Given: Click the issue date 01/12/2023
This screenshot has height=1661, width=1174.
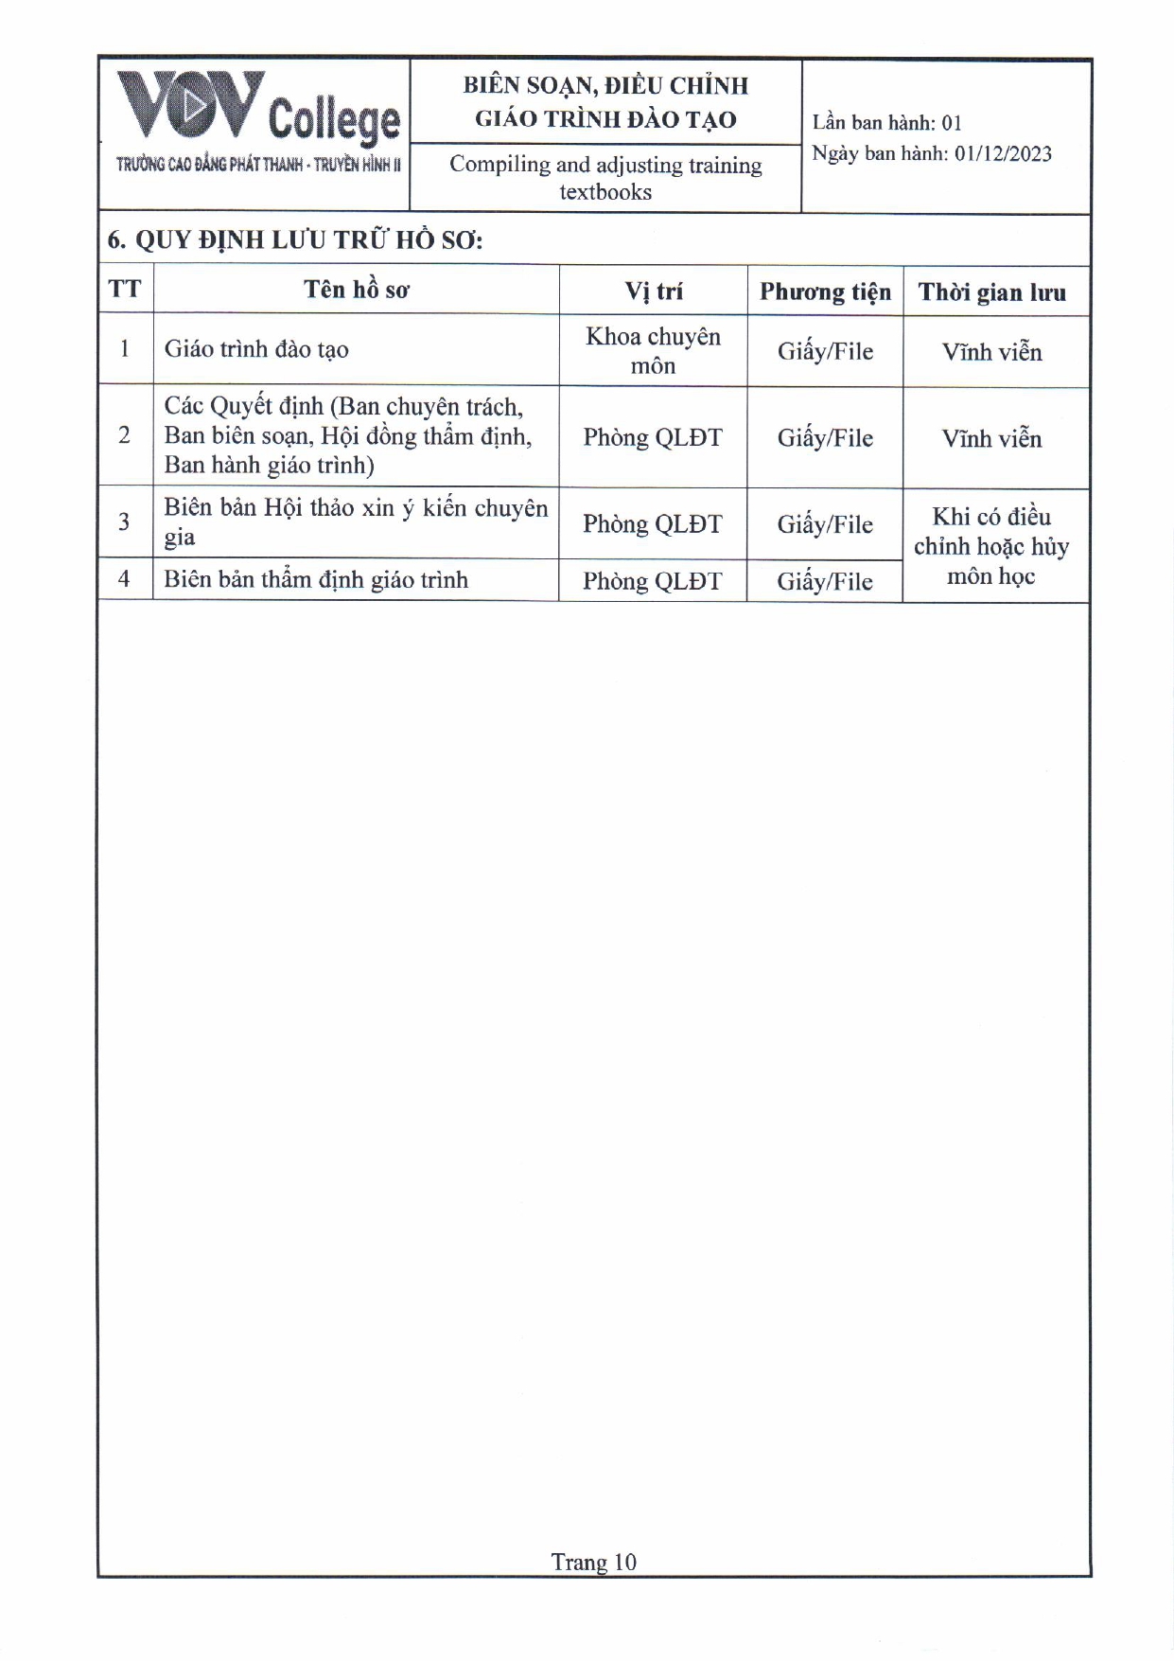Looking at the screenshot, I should (1002, 154).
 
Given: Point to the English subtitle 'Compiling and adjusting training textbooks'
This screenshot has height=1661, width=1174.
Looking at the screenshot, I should (605, 178).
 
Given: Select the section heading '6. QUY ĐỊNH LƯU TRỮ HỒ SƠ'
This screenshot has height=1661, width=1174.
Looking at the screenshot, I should (295, 239).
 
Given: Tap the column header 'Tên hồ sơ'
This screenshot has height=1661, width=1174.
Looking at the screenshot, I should (356, 290).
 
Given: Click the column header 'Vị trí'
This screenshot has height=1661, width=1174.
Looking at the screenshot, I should (653, 291).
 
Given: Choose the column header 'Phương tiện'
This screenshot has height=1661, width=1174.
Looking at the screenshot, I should (825, 292).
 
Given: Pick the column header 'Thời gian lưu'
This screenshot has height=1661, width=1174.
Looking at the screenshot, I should (991, 292).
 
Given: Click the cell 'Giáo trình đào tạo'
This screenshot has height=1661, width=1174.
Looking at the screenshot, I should (256, 349).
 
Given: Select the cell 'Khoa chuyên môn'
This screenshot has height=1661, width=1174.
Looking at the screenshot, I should (653, 351).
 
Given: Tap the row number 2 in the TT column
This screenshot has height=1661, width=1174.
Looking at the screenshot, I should (124, 435).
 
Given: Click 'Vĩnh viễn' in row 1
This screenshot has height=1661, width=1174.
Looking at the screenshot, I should (991, 352).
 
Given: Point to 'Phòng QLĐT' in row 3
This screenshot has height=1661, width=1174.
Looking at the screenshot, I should (653, 523).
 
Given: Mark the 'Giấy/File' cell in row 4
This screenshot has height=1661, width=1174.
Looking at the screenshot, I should (825, 581).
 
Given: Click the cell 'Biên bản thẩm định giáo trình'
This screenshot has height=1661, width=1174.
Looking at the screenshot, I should (316, 579).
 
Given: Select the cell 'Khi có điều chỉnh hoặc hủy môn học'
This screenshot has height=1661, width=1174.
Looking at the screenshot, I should (991, 546).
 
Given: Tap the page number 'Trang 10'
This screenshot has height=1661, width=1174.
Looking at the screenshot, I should (593, 1562).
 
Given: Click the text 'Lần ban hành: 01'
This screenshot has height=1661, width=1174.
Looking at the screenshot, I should (886, 123).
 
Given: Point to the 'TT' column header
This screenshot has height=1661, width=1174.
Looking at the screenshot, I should (124, 289).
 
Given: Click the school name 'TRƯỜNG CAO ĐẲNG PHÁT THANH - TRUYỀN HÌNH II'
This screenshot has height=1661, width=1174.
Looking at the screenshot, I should (258, 165).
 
